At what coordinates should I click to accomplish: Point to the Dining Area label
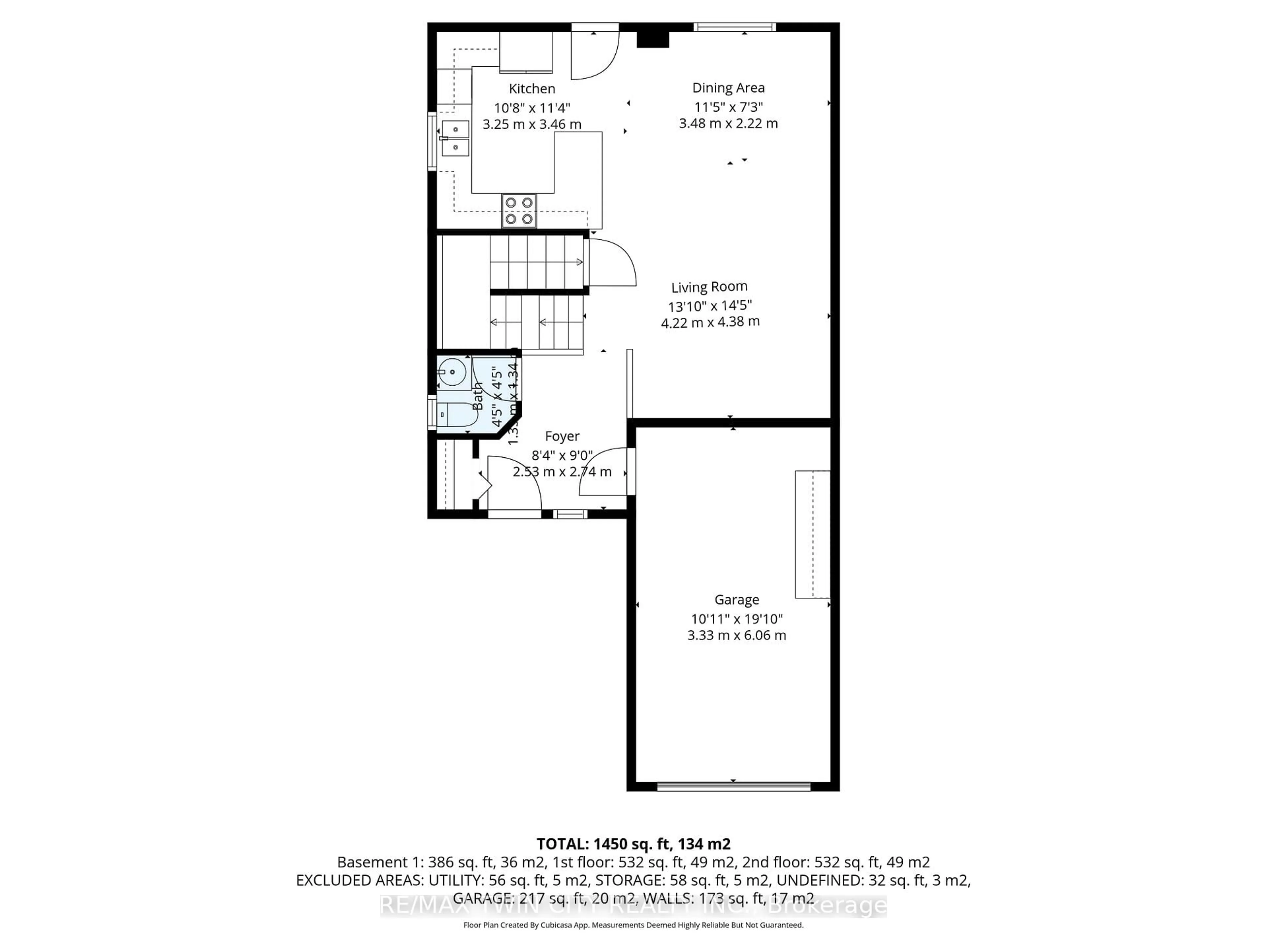point(728,88)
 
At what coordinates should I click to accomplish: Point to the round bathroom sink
point(452,372)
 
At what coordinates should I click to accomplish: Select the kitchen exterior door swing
point(595,54)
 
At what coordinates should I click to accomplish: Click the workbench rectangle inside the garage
point(812,534)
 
